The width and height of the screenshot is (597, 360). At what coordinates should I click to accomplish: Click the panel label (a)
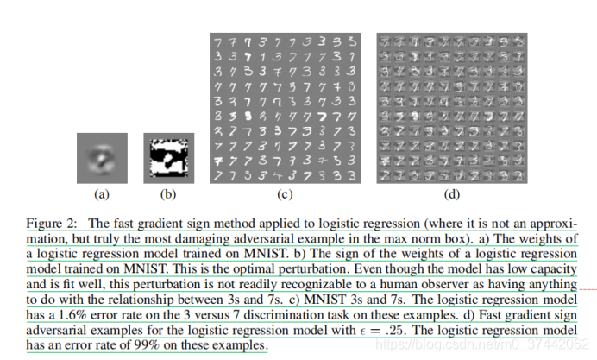point(101,193)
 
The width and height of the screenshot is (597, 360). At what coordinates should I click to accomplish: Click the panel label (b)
point(168,193)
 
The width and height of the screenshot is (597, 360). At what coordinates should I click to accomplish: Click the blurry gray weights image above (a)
point(101,156)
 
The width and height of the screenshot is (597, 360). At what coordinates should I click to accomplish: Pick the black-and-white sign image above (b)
point(168,156)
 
